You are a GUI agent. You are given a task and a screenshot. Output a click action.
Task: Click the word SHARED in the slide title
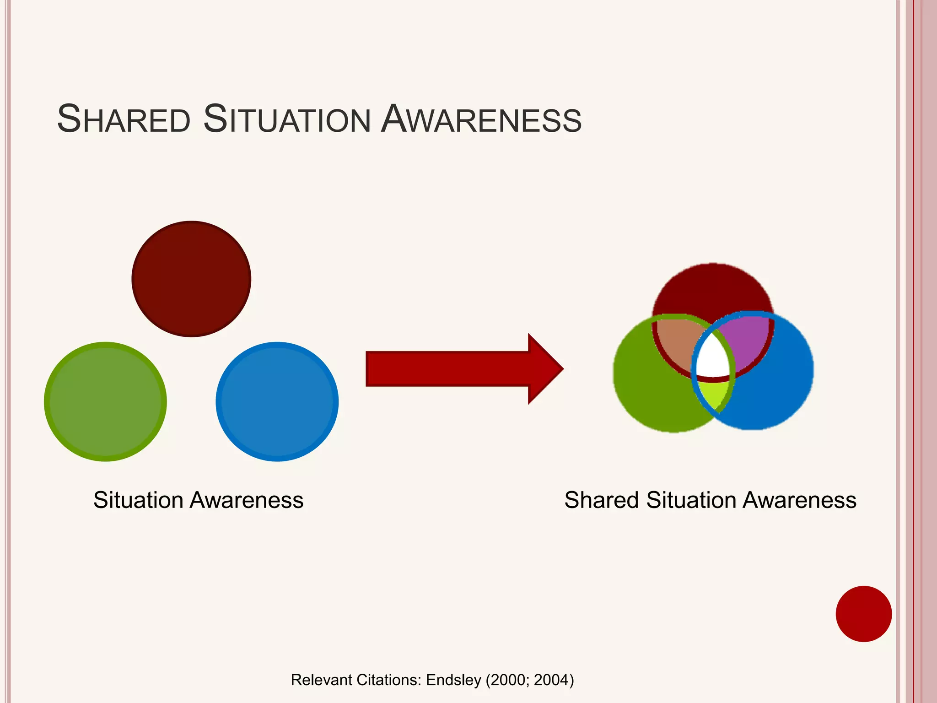[x=124, y=120]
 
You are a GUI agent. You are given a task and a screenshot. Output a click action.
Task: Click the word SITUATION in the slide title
[x=286, y=120]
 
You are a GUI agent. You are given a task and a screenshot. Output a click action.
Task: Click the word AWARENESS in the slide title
[x=481, y=120]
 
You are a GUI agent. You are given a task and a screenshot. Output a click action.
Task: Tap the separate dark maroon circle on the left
[x=191, y=279]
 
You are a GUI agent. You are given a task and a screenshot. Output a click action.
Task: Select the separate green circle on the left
[x=105, y=402]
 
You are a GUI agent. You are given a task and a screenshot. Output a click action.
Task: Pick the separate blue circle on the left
[x=277, y=402]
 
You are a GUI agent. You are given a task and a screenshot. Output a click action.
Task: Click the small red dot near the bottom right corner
[x=863, y=614]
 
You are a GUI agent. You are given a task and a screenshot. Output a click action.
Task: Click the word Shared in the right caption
[x=601, y=500]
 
